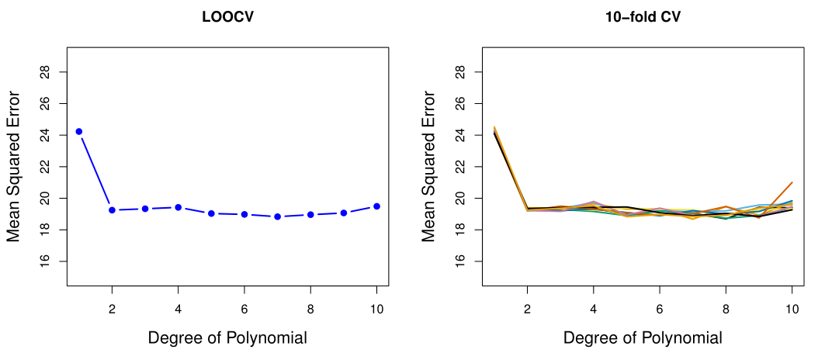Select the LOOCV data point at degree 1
point(79,131)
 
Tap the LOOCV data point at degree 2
point(112,210)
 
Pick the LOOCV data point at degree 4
point(179,207)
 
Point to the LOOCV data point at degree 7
point(277,216)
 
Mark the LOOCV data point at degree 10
point(376,206)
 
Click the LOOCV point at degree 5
point(211,213)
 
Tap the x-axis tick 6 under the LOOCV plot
point(244,308)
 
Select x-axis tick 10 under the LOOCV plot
point(376,308)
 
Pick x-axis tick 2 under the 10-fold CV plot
point(528,308)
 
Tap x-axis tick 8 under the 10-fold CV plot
point(726,308)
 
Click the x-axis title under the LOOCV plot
point(227,338)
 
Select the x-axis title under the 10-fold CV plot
point(643,338)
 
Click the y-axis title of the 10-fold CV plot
point(429,167)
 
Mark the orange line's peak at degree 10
point(792,182)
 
